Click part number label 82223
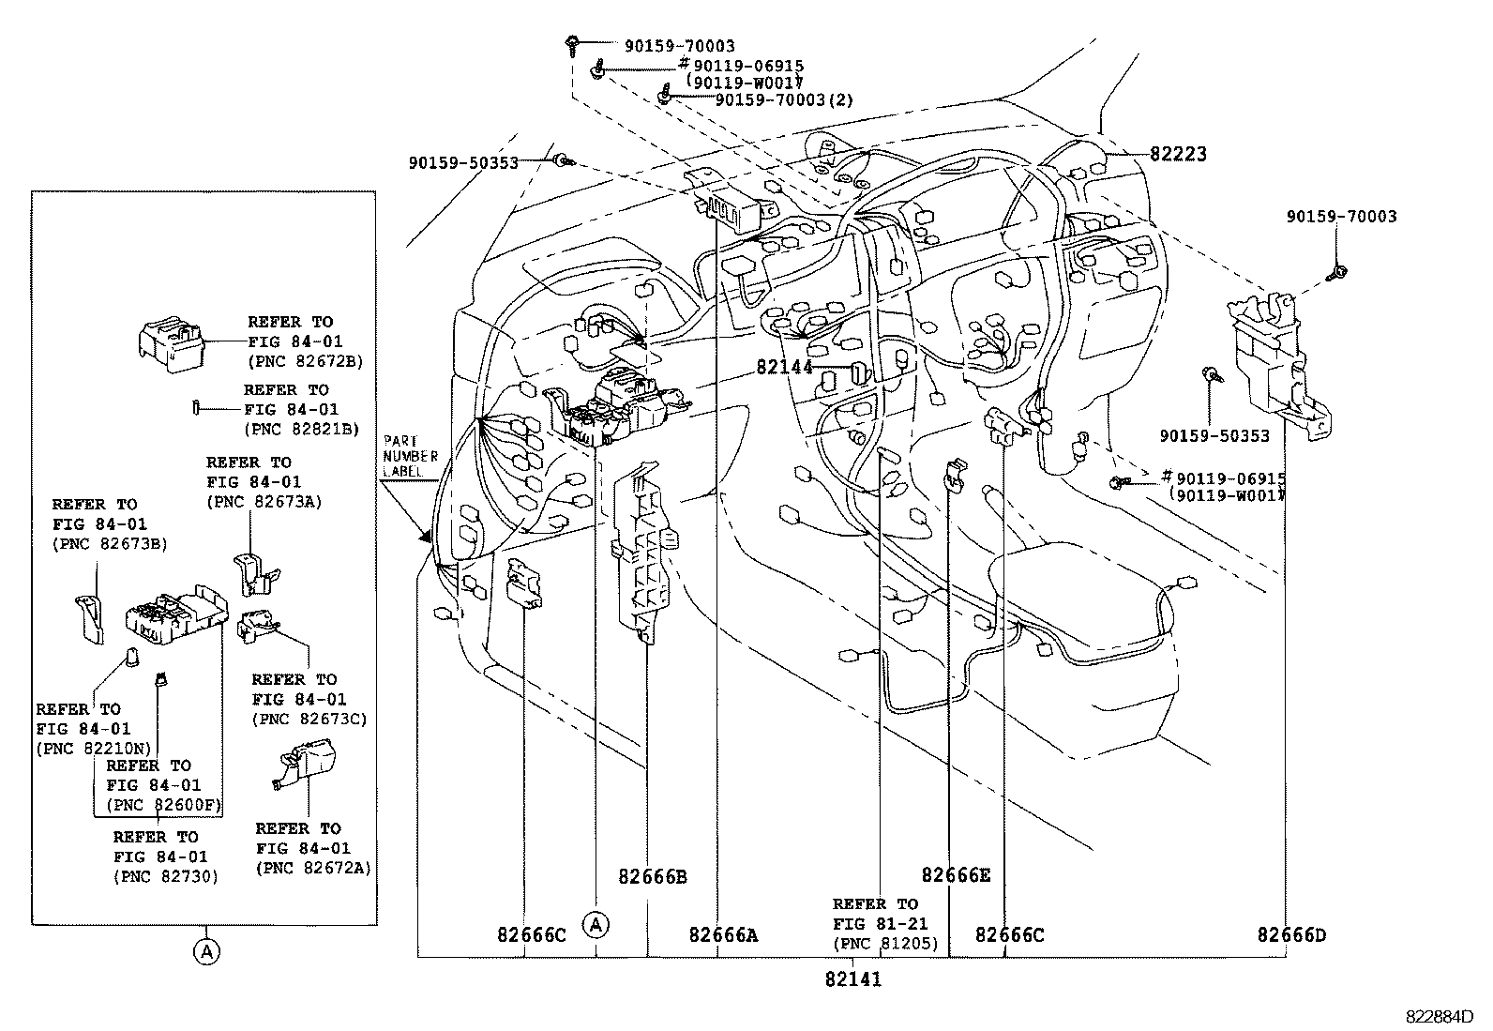tap(1178, 155)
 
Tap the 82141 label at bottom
tap(852, 979)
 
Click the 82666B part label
tap(653, 877)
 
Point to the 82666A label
tap(723, 935)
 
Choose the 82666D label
tap(1291, 935)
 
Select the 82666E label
tap(956, 875)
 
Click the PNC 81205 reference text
tap(885, 944)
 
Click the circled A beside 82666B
tap(596, 925)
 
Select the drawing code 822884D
tap(1439, 1016)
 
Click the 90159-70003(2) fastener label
tap(783, 100)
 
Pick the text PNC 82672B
tap(305, 361)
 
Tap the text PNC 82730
tap(165, 876)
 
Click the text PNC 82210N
tap(92, 749)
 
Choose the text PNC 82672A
tap(312, 869)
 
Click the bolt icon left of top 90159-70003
tap(572, 42)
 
